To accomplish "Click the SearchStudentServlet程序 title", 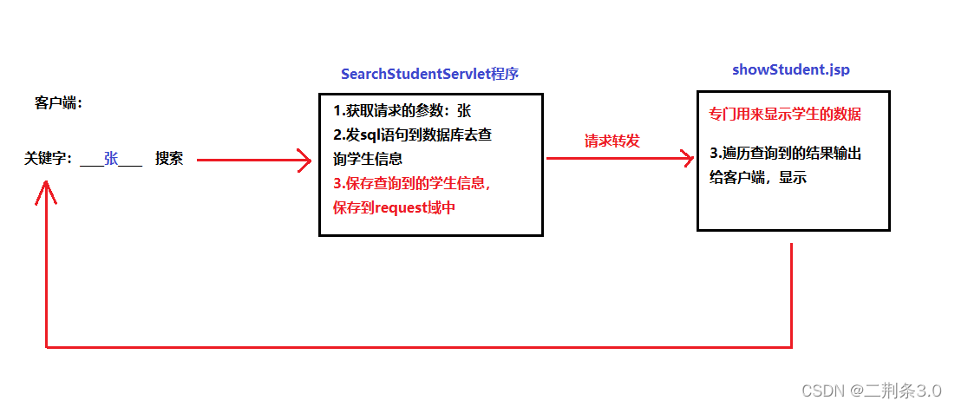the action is click(429, 74).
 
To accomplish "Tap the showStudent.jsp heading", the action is click(790, 69).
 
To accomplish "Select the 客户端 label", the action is click(58, 103).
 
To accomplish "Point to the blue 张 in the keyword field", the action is click(111, 159).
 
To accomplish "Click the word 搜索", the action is click(169, 159).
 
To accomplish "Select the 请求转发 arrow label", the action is click(612, 141).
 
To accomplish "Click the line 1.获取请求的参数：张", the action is click(402, 111).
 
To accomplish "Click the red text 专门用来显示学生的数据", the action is click(784, 115).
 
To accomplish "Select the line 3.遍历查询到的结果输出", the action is click(785, 154).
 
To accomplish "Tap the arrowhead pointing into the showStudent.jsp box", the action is click(688, 159).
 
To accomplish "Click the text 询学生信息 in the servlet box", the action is click(368, 160).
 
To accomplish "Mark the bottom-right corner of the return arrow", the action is click(792, 347).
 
